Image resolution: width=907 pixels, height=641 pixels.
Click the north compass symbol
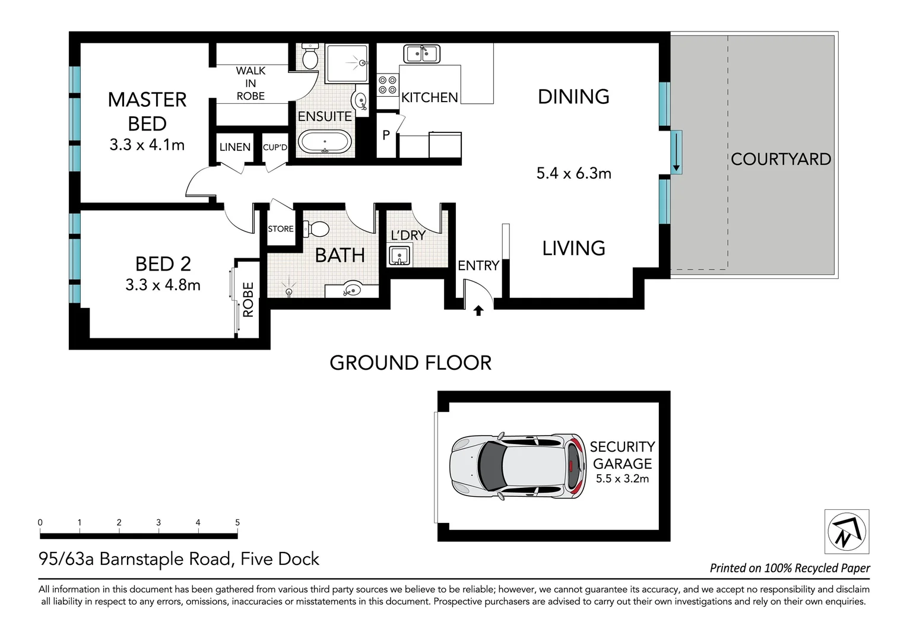pos(846,531)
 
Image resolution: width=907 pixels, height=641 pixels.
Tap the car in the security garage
pos(518,466)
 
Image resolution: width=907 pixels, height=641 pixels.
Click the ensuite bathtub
pos(325,142)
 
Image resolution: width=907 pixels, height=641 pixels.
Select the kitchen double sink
pos(421,54)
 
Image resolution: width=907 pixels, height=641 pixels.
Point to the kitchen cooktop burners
pos(388,85)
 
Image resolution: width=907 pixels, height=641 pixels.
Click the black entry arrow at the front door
pos(478,310)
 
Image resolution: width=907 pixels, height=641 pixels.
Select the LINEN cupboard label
pos(235,147)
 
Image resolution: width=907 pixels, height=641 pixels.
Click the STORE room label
pos(281,229)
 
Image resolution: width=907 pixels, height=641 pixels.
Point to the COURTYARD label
pos(781,159)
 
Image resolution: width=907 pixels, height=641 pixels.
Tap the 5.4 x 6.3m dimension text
pos(574,173)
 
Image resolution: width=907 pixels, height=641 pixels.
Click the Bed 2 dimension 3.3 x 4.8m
pos(163,285)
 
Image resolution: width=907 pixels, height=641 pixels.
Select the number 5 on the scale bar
pos(237,522)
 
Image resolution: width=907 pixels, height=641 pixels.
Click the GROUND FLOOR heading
pos(411,363)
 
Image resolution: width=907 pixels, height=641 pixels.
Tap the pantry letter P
pos(386,135)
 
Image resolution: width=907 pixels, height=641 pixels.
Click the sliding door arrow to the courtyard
pos(676,153)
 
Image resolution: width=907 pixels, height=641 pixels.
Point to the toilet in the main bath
pos(316,229)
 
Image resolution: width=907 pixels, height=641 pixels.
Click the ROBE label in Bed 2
pos(248,300)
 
